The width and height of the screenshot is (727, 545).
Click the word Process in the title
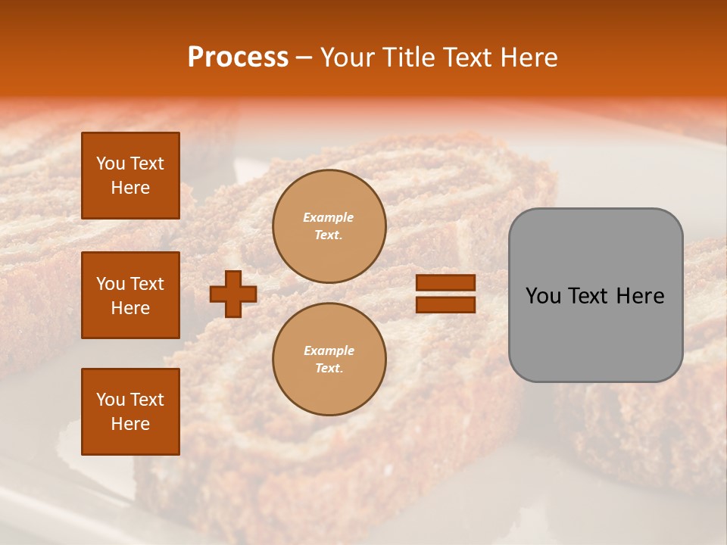(238, 58)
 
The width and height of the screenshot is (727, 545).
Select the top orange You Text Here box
(130, 176)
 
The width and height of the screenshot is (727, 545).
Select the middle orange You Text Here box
(130, 295)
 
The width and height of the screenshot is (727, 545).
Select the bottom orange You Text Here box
(130, 412)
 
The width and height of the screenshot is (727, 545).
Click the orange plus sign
(233, 294)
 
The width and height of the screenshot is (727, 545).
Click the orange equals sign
(445, 294)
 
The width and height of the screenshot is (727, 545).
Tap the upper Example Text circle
(329, 226)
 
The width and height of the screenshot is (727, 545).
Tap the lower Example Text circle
(329, 360)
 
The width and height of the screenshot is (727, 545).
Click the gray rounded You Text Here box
(595, 295)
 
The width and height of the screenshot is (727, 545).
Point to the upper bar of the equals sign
(445, 283)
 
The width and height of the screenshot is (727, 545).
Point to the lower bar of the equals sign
(445, 305)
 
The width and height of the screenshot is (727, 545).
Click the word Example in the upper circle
(329, 217)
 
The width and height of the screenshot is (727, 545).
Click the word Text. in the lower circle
(329, 369)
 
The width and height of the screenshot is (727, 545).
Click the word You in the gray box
(544, 296)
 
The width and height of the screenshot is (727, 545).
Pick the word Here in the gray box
(640, 296)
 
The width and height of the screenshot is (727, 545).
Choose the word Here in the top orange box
(130, 188)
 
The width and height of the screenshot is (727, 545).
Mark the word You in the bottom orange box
(111, 400)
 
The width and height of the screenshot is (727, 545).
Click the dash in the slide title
(304, 58)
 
